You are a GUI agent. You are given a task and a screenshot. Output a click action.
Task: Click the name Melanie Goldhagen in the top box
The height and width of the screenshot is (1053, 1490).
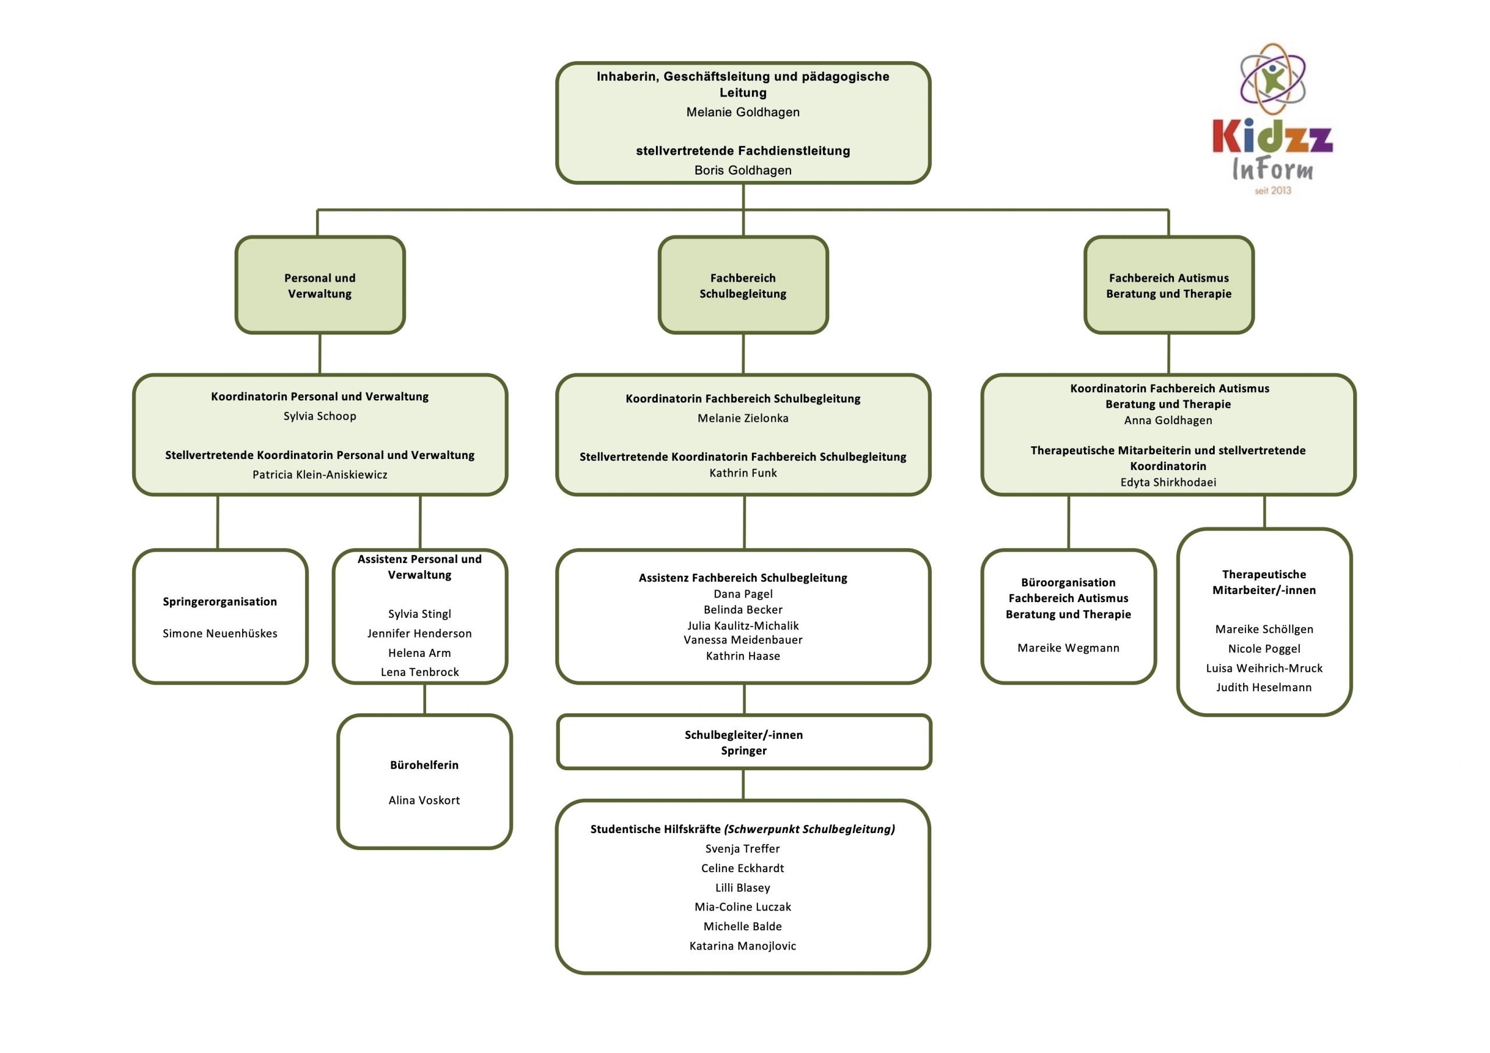[743, 112]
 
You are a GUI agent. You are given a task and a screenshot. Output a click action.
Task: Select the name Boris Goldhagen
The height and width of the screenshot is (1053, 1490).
[743, 170]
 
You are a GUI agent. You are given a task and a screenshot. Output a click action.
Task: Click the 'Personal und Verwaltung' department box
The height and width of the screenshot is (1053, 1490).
[320, 286]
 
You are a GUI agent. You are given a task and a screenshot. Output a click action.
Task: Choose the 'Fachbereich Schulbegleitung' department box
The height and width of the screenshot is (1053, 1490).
[743, 286]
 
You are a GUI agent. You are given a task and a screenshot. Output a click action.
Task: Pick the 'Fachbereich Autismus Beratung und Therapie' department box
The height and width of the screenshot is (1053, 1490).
[1168, 286]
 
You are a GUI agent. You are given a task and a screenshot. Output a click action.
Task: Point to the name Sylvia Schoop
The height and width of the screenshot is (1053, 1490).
[320, 416]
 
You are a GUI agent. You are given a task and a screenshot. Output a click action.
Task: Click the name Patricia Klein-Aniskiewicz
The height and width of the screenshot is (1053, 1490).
[320, 474]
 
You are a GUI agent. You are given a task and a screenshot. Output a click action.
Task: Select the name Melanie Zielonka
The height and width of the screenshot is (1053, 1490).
[743, 418]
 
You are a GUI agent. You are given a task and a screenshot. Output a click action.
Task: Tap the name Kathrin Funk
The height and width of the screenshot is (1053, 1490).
[743, 473]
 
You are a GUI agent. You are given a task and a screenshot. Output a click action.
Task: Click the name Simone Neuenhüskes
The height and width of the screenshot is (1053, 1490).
[220, 633]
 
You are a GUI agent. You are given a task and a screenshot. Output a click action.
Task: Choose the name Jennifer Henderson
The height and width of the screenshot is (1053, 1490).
[419, 633]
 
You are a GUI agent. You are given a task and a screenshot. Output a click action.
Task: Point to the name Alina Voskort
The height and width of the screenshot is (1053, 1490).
[424, 800]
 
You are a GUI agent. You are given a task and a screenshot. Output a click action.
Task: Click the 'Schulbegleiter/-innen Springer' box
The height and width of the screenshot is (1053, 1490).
[744, 742]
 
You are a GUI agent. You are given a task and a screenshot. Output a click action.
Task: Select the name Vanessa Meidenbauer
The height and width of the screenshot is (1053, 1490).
[743, 640]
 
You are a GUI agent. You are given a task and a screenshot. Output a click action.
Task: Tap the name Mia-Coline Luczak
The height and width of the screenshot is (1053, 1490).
[743, 906]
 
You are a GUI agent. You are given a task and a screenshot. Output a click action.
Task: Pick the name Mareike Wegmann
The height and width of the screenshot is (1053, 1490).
[1068, 648]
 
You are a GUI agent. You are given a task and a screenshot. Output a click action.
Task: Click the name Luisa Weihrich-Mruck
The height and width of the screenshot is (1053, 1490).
[1264, 668]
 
